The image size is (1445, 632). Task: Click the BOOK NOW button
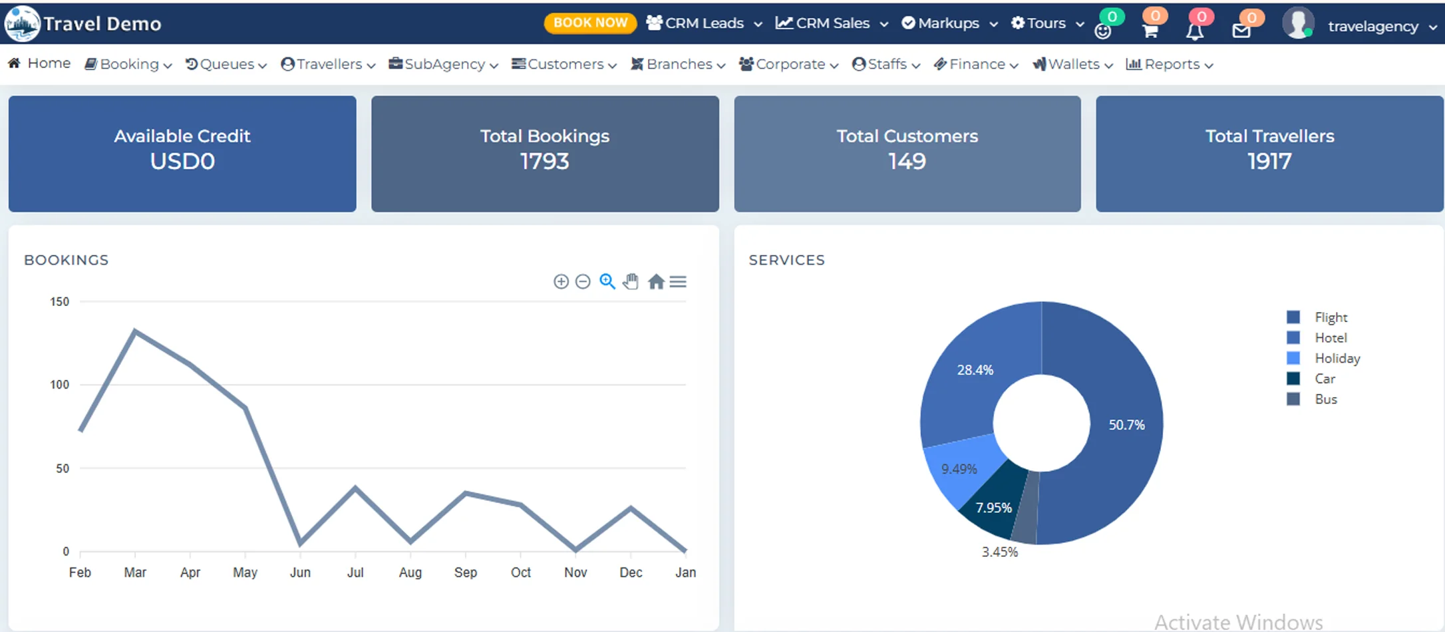(590, 23)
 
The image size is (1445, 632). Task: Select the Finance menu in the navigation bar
(977, 65)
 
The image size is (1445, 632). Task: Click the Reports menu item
(1171, 65)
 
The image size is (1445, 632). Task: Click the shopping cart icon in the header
(1150, 31)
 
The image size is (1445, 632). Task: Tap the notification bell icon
(1195, 31)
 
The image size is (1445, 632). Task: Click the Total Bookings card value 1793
(544, 162)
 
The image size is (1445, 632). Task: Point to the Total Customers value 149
(907, 162)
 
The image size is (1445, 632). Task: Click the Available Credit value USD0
(182, 162)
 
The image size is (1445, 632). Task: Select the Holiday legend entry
(1337, 359)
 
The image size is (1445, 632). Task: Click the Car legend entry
(1325, 379)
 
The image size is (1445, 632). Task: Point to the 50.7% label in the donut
(1126, 425)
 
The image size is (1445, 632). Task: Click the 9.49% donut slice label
(959, 469)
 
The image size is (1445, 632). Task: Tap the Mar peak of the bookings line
(135, 331)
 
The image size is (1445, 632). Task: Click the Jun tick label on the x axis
(300, 573)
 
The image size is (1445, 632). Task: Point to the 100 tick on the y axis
(60, 385)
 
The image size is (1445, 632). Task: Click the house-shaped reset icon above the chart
(656, 282)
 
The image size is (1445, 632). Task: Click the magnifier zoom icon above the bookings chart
(607, 281)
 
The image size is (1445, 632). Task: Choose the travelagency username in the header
(1373, 27)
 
